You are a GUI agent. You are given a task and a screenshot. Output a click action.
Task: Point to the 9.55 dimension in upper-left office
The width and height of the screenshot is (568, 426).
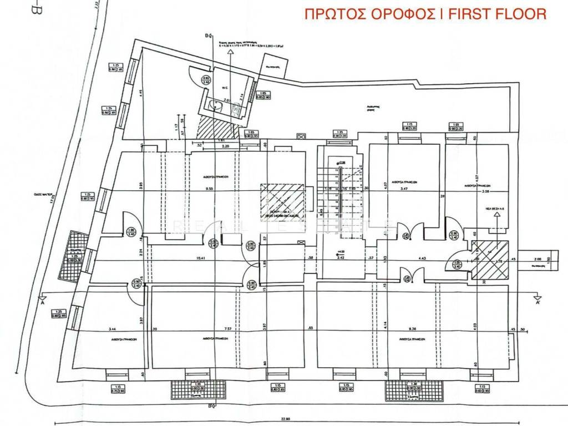click(x=209, y=189)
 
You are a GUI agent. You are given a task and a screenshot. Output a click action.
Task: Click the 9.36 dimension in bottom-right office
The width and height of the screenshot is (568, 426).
click(x=409, y=328)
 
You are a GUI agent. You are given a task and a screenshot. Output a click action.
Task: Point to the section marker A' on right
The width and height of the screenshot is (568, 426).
click(x=537, y=303)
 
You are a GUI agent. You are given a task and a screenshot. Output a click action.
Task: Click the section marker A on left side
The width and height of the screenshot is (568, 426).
click(x=43, y=303)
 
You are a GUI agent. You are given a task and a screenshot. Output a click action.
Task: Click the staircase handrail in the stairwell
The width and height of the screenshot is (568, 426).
click(x=339, y=189)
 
